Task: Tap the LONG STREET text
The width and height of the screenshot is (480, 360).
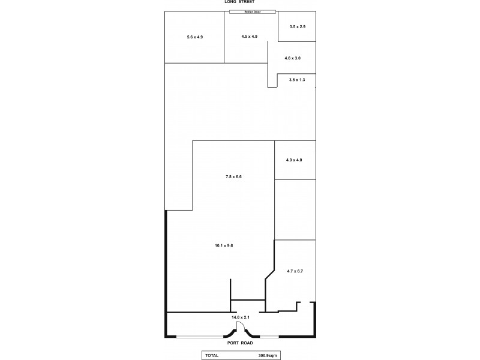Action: pyautogui.click(x=240, y=2)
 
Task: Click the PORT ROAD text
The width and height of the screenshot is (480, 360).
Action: pyautogui.click(x=240, y=343)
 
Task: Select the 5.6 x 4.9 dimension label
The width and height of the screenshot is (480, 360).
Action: pyautogui.click(x=195, y=37)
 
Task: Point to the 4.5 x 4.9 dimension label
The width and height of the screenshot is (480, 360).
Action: pyautogui.click(x=249, y=37)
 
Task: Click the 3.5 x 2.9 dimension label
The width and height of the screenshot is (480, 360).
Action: pyautogui.click(x=298, y=27)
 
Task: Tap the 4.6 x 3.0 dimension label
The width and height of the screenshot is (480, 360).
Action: pyautogui.click(x=292, y=58)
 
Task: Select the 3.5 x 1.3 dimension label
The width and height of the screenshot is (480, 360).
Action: pyautogui.click(x=297, y=80)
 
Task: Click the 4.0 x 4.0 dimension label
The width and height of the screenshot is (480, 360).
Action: pyautogui.click(x=294, y=160)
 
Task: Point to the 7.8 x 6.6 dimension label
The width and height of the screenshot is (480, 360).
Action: pyautogui.click(x=233, y=176)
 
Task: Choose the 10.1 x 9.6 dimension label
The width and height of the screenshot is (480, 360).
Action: pyautogui.click(x=223, y=245)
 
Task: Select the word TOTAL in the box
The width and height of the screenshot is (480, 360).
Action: pyautogui.click(x=212, y=355)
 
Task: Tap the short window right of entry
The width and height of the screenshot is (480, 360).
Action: pyautogui.click(x=269, y=336)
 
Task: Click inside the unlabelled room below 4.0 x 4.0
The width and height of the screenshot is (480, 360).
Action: pyautogui.click(x=295, y=209)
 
